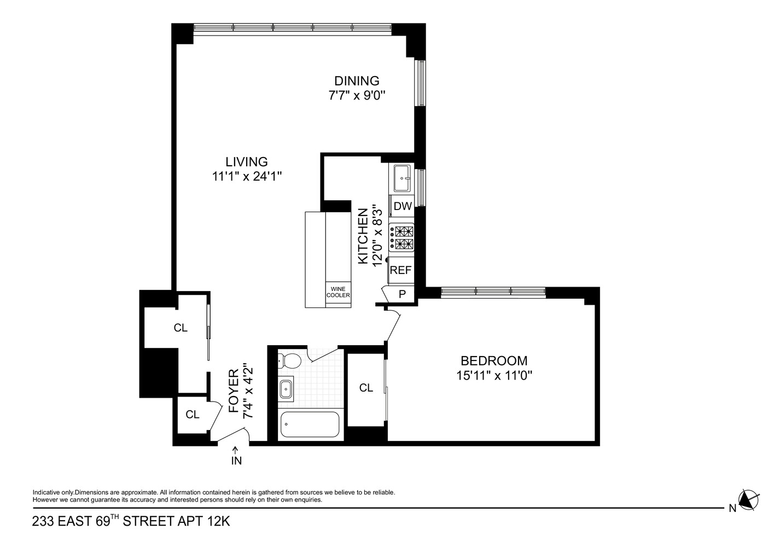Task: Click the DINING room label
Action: pos(357,81)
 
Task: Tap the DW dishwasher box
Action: pos(402,206)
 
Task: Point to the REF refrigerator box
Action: pos(400,270)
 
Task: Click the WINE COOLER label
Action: pos(338,292)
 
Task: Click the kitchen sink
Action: pos(402,178)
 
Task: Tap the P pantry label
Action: pos(402,294)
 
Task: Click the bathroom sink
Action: pos(286,389)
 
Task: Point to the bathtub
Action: pos(310,424)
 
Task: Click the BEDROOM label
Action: pos(494,361)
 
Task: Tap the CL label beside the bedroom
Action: pos(366,388)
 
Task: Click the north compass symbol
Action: pos(748,499)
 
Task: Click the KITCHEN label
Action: pos(363,236)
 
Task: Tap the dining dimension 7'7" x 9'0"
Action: pos(357,95)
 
